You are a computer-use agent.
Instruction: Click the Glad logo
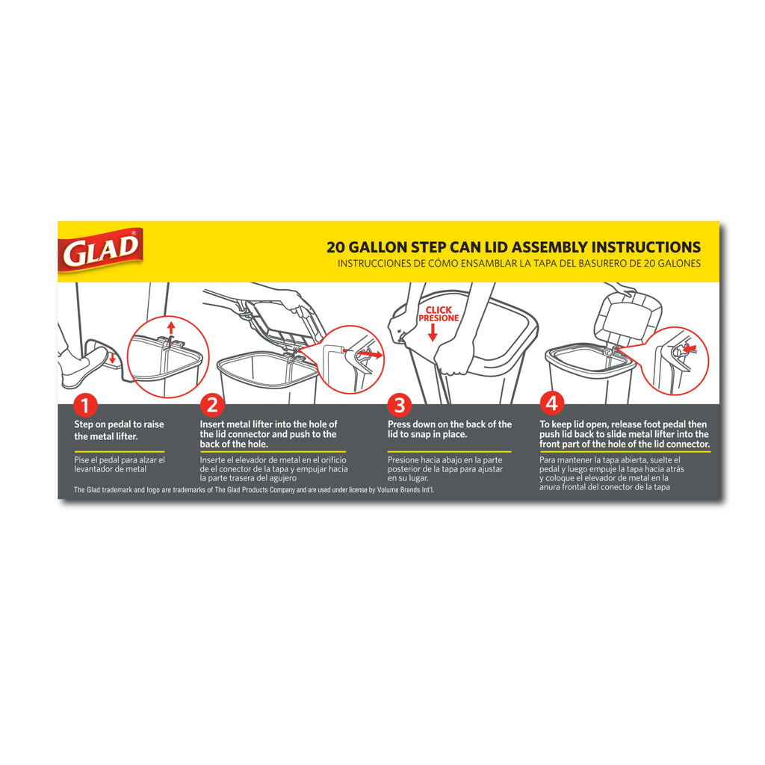100,250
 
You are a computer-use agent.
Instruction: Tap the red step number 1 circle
85,405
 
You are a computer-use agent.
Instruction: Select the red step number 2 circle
212,405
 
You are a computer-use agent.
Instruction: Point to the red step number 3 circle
400,405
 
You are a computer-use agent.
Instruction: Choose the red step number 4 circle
552,403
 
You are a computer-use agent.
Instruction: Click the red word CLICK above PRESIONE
439,310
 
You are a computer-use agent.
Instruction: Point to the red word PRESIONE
439,318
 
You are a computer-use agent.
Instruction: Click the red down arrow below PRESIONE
433,332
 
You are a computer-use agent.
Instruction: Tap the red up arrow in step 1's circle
171,327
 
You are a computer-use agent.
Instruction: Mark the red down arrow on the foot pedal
112,358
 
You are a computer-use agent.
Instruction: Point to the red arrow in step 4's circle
689,348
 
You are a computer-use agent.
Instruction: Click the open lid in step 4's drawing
628,318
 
